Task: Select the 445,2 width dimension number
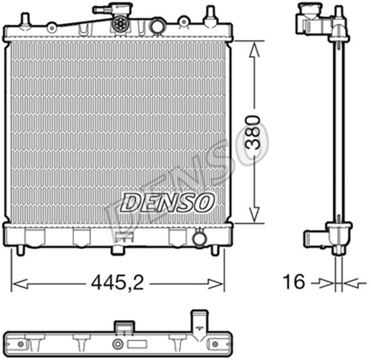[x=118, y=283]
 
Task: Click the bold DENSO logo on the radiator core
[x=168, y=202]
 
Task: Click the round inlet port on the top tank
[x=157, y=26]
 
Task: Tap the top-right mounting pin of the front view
[x=210, y=16]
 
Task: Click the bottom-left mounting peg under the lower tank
[x=22, y=250]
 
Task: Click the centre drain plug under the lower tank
[x=118, y=250]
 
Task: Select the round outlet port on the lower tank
[x=199, y=238]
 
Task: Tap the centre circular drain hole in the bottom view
[x=118, y=344]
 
